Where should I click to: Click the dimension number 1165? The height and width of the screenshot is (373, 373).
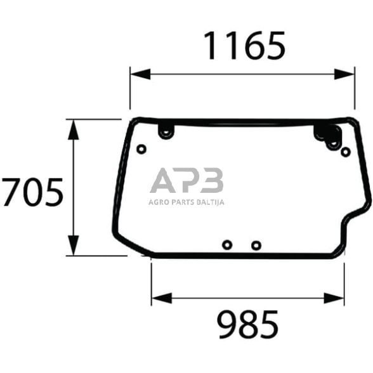tap(244, 46)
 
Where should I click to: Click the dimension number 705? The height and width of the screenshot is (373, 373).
tap(32, 192)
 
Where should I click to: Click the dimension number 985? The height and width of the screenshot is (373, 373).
tap(247, 324)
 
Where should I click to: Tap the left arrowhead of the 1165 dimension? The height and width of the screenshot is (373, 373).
tap(140, 74)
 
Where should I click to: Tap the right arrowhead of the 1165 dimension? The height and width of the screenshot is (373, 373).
tap(344, 74)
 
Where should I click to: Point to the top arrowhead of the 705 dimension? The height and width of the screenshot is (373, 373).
tap(74, 129)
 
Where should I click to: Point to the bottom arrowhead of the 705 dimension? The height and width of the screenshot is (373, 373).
tap(74, 245)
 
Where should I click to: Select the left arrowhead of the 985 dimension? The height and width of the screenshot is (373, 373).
tap(162, 298)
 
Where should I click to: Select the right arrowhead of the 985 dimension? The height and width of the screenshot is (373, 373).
tap(334, 298)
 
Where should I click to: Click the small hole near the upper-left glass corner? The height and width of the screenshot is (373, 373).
tap(141, 150)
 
